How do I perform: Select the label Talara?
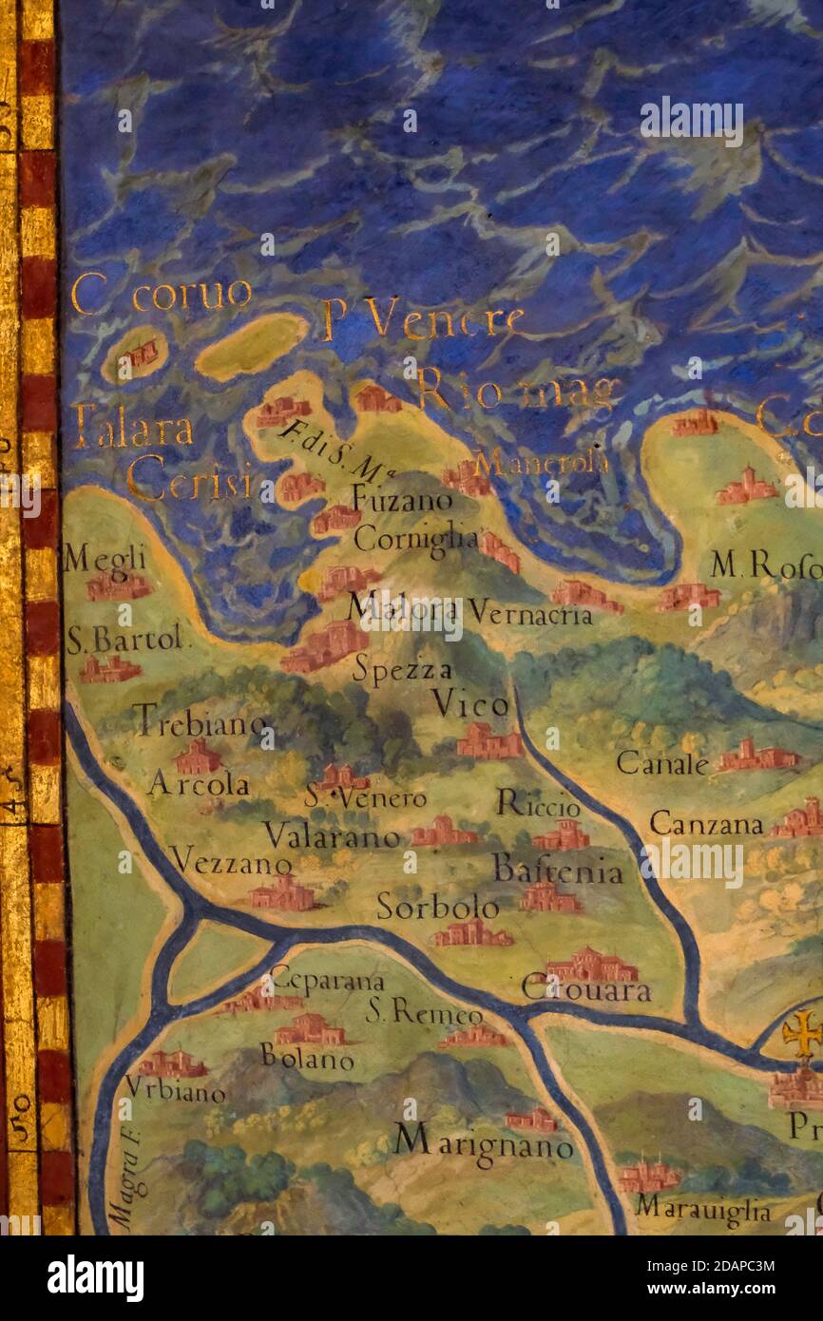132,430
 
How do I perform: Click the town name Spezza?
402,670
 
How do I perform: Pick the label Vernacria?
530,615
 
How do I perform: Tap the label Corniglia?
415,539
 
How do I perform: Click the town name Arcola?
199,784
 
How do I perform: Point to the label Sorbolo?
437,907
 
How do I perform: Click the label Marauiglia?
703,1210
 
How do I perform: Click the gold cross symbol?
802,1033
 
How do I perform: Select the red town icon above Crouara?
592,966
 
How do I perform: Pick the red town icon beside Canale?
757,756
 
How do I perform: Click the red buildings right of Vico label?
488,740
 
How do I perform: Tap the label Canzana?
705,824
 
